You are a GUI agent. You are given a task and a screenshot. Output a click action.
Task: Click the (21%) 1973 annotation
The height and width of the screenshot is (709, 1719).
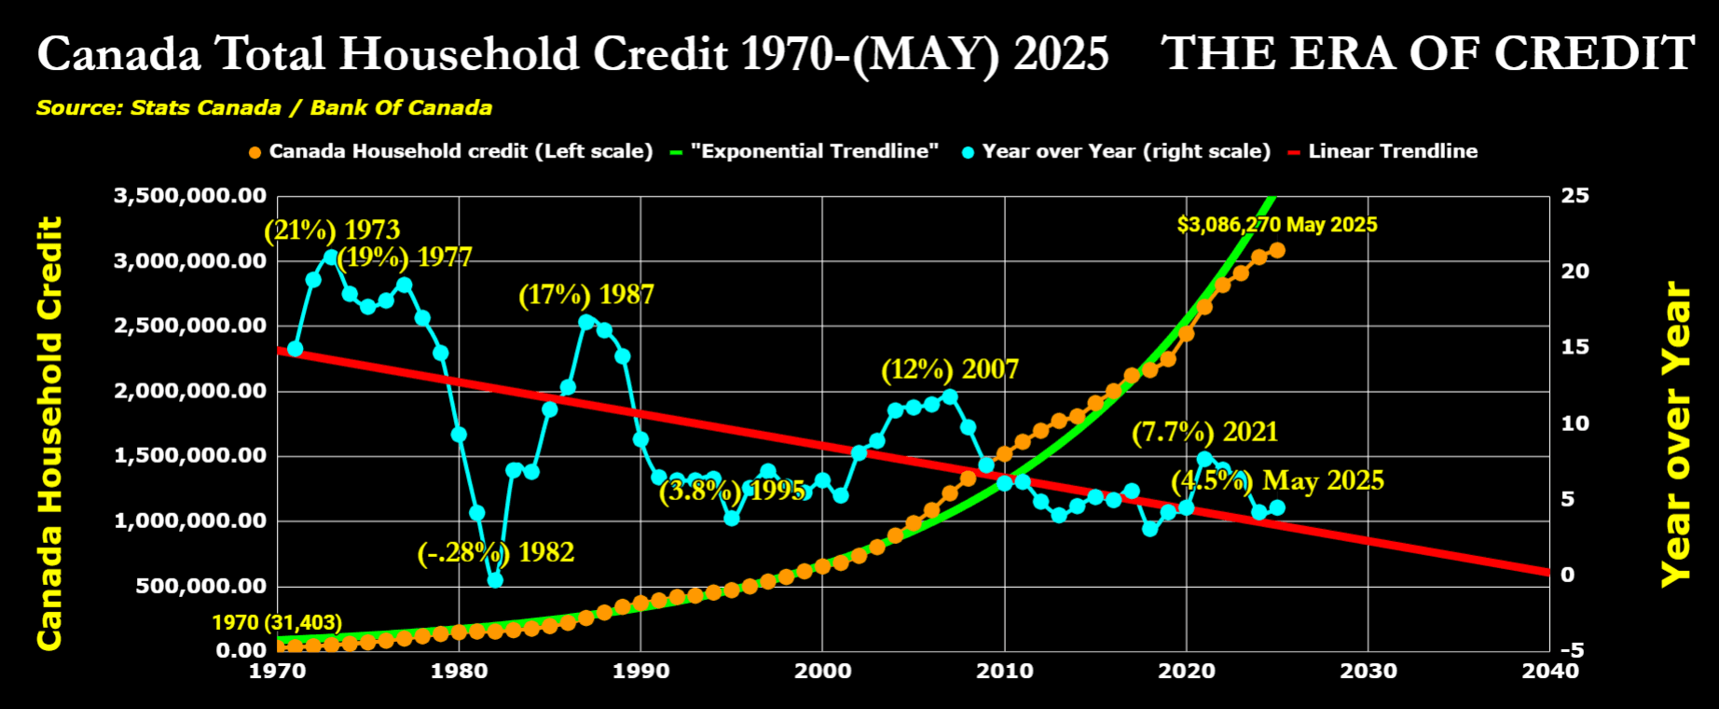click(332, 229)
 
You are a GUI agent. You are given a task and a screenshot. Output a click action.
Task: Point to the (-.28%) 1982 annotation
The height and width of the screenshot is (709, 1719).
click(495, 552)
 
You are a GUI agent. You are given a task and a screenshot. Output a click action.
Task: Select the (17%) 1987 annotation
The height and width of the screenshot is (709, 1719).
click(586, 295)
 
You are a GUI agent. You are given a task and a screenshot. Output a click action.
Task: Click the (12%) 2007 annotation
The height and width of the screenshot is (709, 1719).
click(950, 369)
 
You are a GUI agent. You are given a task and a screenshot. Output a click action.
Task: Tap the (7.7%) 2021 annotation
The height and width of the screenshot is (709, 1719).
click(1204, 432)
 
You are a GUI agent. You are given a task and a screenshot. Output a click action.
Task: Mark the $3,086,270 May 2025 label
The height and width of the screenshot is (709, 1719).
click(1277, 225)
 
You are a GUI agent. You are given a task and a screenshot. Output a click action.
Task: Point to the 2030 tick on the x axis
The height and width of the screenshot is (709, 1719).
click(1368, 671)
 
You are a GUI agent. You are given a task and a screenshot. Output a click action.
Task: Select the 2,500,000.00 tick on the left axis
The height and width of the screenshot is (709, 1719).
click(190, 326)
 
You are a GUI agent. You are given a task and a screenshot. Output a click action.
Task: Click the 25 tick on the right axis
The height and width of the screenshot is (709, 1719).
click(1575, 196)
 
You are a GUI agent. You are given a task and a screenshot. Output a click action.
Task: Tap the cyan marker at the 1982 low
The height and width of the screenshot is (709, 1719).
click(495, 579)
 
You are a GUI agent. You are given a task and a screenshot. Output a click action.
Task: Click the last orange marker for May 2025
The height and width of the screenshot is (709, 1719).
click(1277, 250)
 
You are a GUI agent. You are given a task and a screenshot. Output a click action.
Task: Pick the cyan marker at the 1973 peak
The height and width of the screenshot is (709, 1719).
click(331, 257)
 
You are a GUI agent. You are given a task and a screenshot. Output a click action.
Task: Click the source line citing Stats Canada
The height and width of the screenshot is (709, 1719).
click(264, 107)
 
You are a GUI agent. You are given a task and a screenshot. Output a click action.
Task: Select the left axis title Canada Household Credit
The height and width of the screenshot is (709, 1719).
click(48, 433)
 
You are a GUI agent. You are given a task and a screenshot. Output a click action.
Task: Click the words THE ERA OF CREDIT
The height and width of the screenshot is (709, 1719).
click(1427, 53)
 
